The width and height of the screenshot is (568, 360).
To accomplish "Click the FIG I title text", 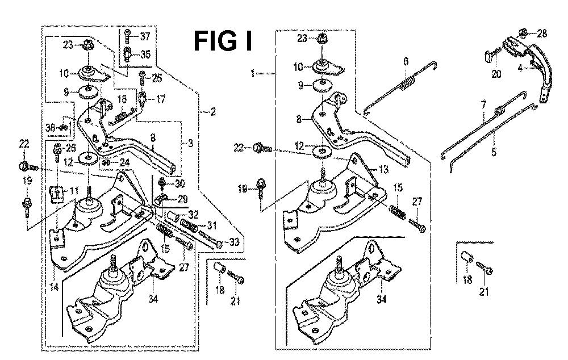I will click(x=224, y=40).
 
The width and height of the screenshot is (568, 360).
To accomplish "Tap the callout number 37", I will click(x=146, y=37).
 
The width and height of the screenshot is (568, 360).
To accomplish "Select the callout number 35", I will click(x=146, y=55).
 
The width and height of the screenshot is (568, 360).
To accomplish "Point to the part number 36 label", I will click(x=51, y=128).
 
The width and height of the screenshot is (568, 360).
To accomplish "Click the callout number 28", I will click(x=542, y=34).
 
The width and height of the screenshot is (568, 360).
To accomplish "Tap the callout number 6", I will click(x=406, y=61).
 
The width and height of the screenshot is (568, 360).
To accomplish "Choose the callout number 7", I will click(x=483, y=106).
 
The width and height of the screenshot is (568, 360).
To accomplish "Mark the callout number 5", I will click(x=493, y=152).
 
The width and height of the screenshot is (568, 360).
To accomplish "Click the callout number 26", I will click(x=71, y=149).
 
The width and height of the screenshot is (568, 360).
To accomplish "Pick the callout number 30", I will click(x=181, y=183).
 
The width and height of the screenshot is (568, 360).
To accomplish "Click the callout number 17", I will click(x=161, y=99).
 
